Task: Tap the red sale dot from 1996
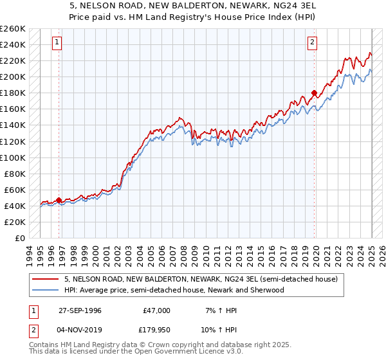tap(59, 200)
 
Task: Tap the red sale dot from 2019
tap(314, 93)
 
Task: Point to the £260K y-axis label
tap(13, 29)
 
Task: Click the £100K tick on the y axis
tap(13, 157)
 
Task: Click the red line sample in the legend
tap(46, 279)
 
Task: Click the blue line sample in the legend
tap(46, 290)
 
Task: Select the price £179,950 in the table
tap(156, 330)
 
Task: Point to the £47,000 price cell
tap(156, 310)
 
